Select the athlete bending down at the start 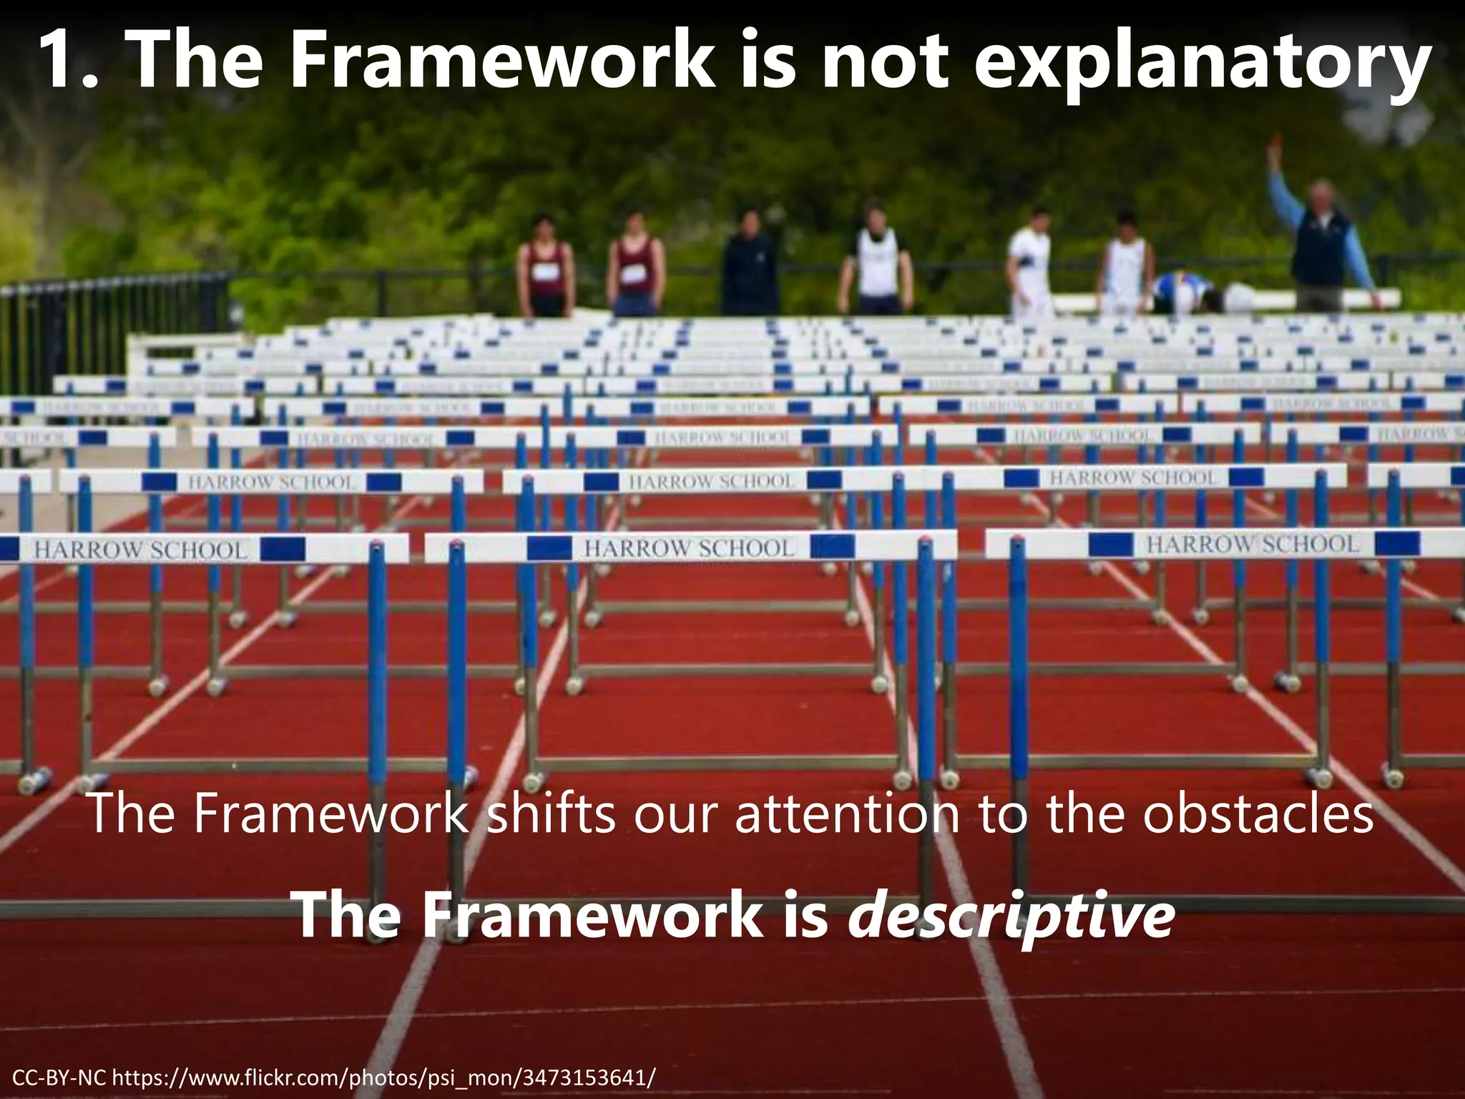[1184, 292]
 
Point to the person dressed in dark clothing [748, 265]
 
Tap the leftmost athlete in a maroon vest [546, 266]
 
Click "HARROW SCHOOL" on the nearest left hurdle [140, 550]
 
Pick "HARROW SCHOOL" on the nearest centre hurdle [690, 548]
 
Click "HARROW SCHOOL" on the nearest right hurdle [1252, 544]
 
